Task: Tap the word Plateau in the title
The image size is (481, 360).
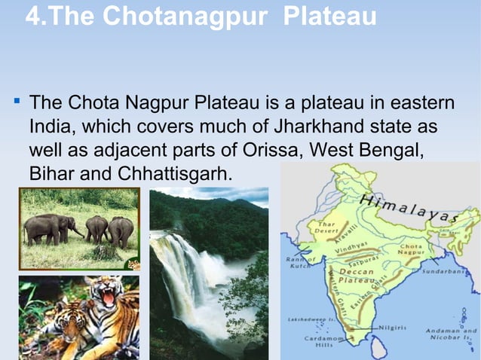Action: click(331, 16)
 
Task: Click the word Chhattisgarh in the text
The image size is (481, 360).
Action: click(173, 174)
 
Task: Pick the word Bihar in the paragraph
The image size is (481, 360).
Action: click(53, 174)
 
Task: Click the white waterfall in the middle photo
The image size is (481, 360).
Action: click(180, 272)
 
